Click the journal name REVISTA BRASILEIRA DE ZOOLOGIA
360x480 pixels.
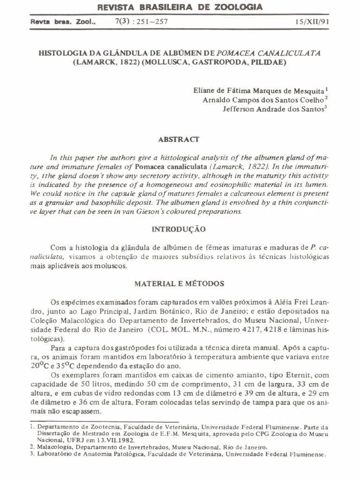click(x=180, y=7)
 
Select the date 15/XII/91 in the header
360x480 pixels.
click(x=312, y=22)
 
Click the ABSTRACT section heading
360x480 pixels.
click(x=179, y=139)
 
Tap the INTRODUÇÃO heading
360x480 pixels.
click(x=179, y=229)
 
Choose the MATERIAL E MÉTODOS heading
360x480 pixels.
click(x=179, y=284)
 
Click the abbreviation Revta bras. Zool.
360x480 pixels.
click(x=63, y=22)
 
